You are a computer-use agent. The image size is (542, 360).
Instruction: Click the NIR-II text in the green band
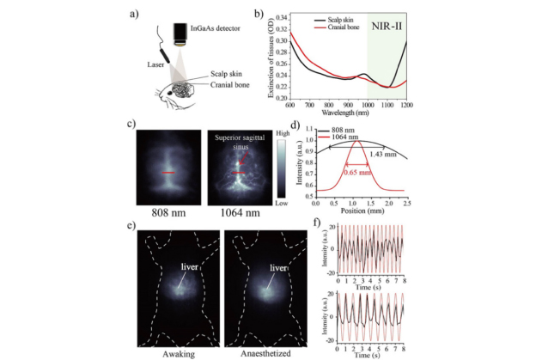click(385, 28)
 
